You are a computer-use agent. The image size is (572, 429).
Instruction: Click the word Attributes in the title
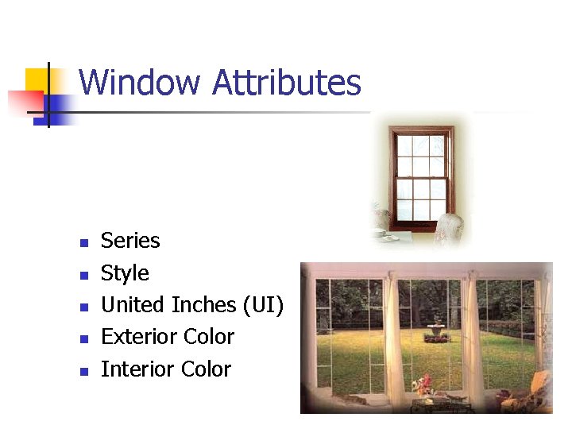click(287, 83)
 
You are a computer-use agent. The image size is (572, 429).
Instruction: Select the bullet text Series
click(130, 241)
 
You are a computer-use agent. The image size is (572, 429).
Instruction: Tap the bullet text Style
click(125, 273)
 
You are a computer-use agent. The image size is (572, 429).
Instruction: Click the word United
click(133, 305)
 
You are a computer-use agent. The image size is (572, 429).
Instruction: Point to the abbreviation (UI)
click(263, 305)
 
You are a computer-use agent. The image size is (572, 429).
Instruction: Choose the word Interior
click(137, 369)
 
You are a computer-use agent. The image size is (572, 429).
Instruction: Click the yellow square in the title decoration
click(37, 79)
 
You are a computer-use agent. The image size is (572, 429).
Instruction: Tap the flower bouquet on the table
click(422, 385)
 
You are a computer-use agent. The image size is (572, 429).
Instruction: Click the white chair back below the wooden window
click(449, 226)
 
